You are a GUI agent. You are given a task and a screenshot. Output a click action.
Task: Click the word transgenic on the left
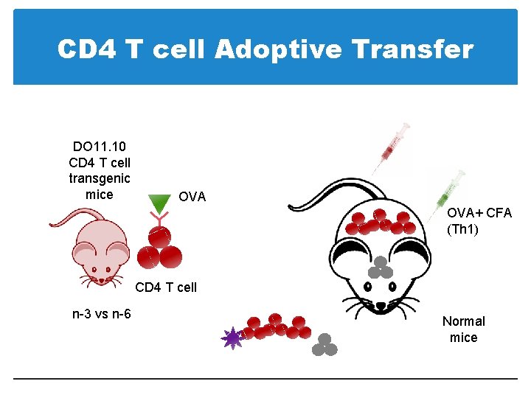tap(100, 178)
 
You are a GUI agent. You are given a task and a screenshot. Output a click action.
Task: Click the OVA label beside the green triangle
tap(192, 198)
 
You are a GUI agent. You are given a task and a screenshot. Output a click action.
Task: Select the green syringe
tap(448, 190)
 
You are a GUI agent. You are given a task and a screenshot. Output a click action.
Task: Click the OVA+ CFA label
tap(479, 213)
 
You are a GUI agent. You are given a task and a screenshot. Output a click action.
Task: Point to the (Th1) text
tap(462, 229)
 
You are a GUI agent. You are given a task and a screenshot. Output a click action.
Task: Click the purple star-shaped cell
tap(233, 338)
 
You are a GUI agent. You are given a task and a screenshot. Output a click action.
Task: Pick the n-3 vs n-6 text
tap(102, 314)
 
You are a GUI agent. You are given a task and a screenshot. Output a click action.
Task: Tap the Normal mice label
tap(464, 329)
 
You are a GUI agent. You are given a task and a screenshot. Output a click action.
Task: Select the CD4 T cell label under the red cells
tap(167, 287)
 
